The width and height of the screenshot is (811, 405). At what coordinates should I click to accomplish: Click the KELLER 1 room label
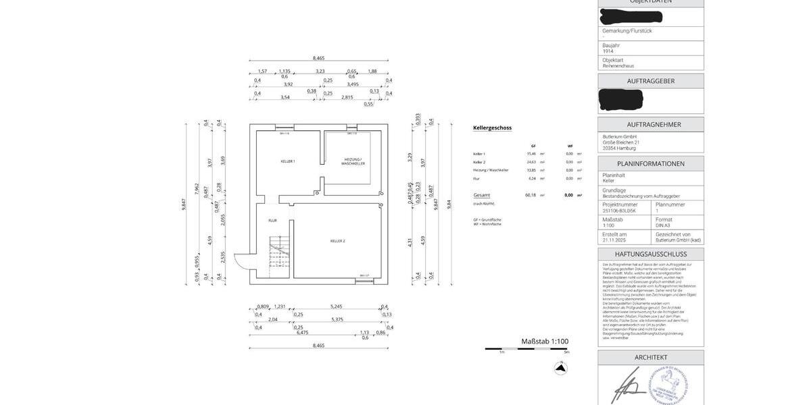288,161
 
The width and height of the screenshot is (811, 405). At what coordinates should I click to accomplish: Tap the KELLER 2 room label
338,241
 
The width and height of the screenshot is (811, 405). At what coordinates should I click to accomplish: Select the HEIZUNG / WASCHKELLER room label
353,161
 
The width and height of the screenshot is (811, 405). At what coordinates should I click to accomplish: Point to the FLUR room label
272,221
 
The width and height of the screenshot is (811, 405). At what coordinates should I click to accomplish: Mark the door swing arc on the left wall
241,260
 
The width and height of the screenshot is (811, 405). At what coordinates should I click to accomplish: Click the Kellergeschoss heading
492,128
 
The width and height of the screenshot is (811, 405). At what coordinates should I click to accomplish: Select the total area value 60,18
531,195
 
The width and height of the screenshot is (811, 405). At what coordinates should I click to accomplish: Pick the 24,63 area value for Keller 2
531,162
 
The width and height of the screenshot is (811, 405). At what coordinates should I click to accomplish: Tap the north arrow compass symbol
560,368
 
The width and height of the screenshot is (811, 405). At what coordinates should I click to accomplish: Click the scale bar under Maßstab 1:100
526,349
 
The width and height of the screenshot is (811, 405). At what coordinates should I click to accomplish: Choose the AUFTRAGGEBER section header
650,81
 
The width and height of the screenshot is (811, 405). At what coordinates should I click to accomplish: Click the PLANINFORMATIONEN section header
650,163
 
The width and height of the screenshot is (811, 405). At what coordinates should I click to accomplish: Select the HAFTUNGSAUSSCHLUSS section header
650,254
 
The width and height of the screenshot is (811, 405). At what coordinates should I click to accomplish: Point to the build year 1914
608,51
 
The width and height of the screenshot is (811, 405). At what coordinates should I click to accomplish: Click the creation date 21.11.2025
615,240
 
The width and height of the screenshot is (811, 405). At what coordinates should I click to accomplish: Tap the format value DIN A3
664,225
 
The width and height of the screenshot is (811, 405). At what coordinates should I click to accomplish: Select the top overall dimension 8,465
318,58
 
